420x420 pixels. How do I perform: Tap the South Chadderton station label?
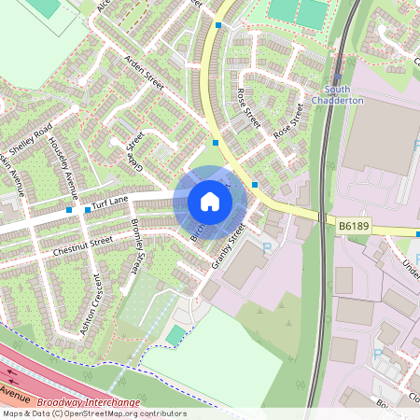pyautogui.click(x=330, y=94)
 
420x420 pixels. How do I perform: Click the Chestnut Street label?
pyautogui.click(x=83, y=245)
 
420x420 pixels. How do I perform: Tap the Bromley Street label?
pyautogui.click(x=140, y=242)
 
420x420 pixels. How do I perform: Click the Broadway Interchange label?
pyautogui.click(x=95, y=403)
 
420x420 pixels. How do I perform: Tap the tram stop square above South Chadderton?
pyautogui.click(x=336, y=78)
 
